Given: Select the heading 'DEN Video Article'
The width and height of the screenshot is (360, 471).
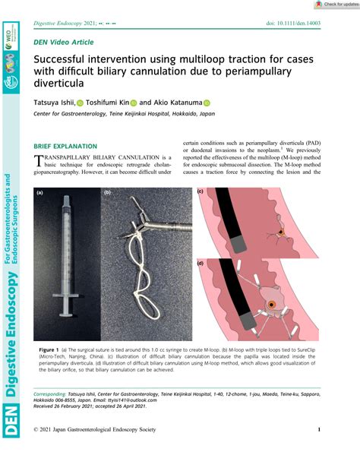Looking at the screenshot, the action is (x=63, y=43).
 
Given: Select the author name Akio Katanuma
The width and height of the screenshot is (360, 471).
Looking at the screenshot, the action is (x=179, y=103).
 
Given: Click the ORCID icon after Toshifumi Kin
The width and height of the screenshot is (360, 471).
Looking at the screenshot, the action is (x=134, y=103).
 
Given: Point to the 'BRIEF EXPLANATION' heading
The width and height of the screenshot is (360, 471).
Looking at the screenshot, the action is (x=65, y=147).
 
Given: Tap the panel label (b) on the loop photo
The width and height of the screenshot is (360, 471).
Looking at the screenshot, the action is (x=108, y=193).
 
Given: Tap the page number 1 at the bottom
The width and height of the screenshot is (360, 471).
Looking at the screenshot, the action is (x=318, y=451).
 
